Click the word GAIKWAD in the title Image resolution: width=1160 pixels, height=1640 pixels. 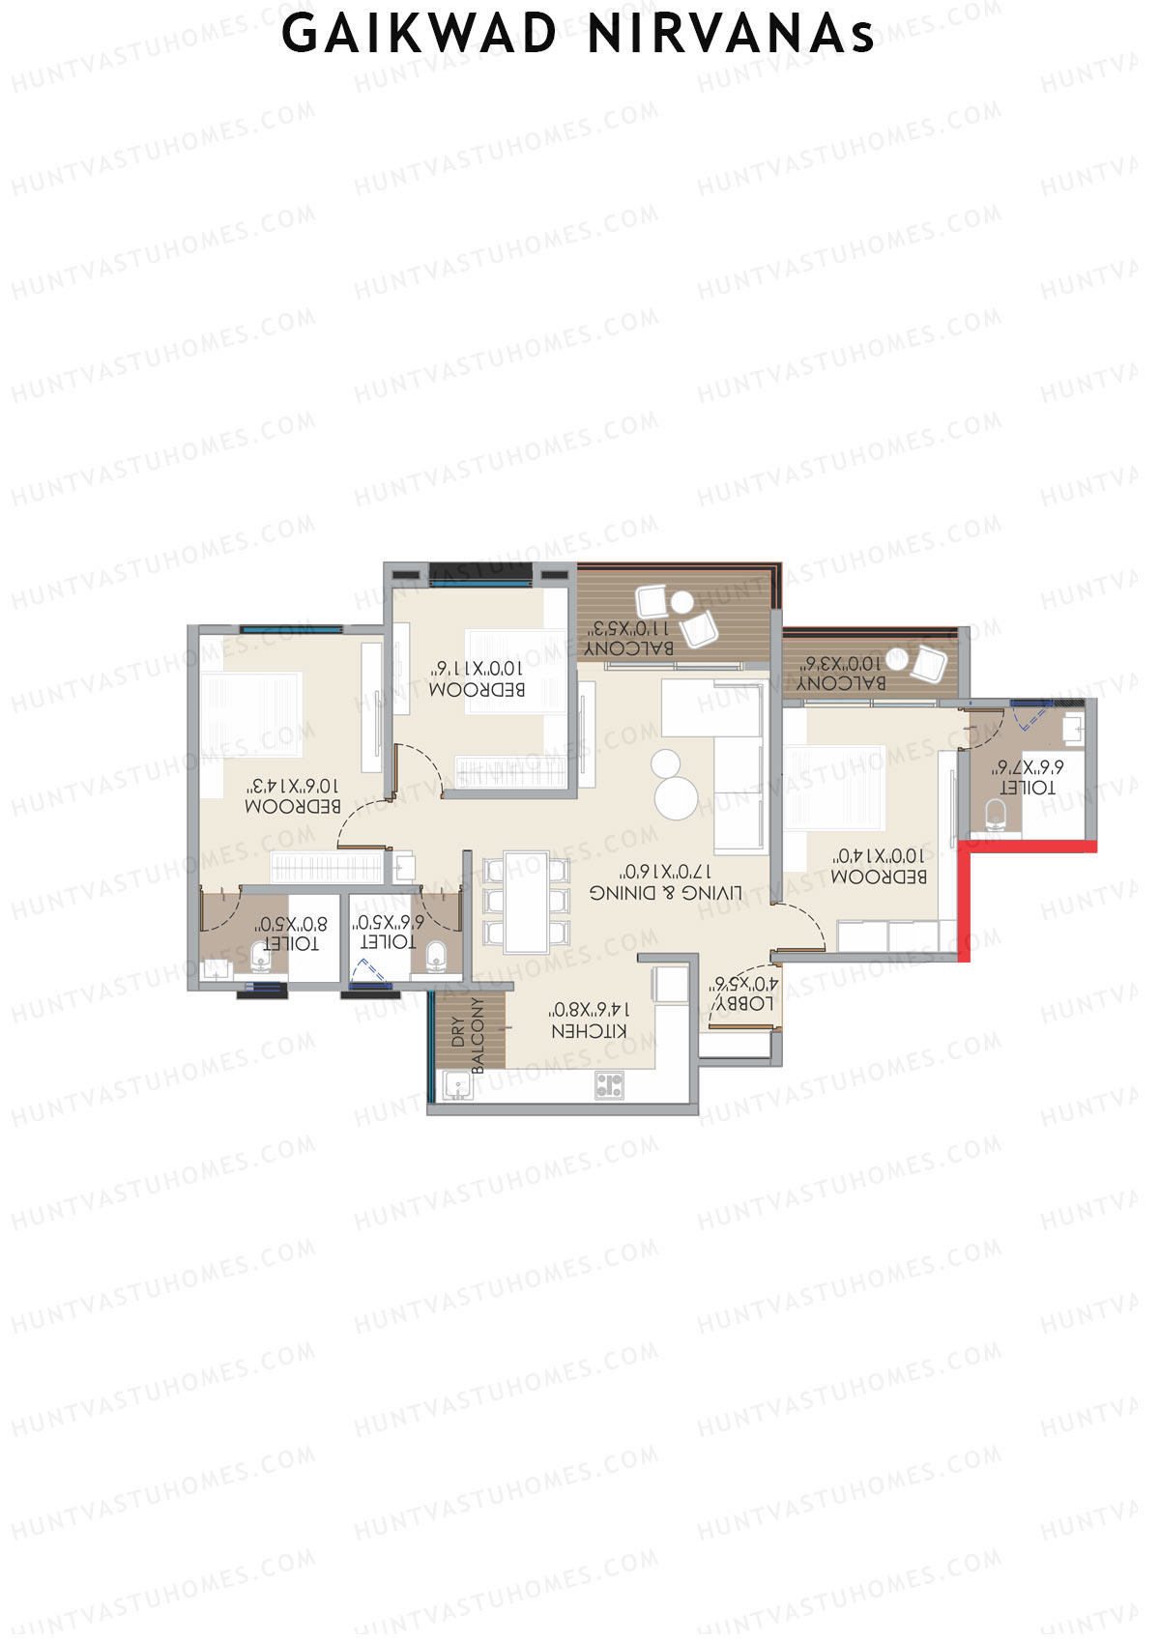point(420,34)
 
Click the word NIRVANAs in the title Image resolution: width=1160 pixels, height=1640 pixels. point(731,34)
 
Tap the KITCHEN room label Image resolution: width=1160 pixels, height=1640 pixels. point(589,1031)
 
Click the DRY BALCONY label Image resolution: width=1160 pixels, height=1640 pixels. point(468,1035)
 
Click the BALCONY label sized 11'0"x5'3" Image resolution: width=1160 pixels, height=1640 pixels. point(629,647)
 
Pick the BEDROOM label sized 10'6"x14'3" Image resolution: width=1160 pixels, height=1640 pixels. point(292,806)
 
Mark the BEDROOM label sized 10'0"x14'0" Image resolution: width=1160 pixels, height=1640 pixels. point(879,877)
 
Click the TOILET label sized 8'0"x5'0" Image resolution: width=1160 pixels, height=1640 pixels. point(290,943)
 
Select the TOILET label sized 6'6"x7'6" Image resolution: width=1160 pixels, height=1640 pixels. point(1027,788)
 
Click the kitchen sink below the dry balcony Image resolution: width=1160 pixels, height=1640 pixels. point(457,1085)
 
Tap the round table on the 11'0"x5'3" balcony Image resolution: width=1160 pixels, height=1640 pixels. point(681,601)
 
